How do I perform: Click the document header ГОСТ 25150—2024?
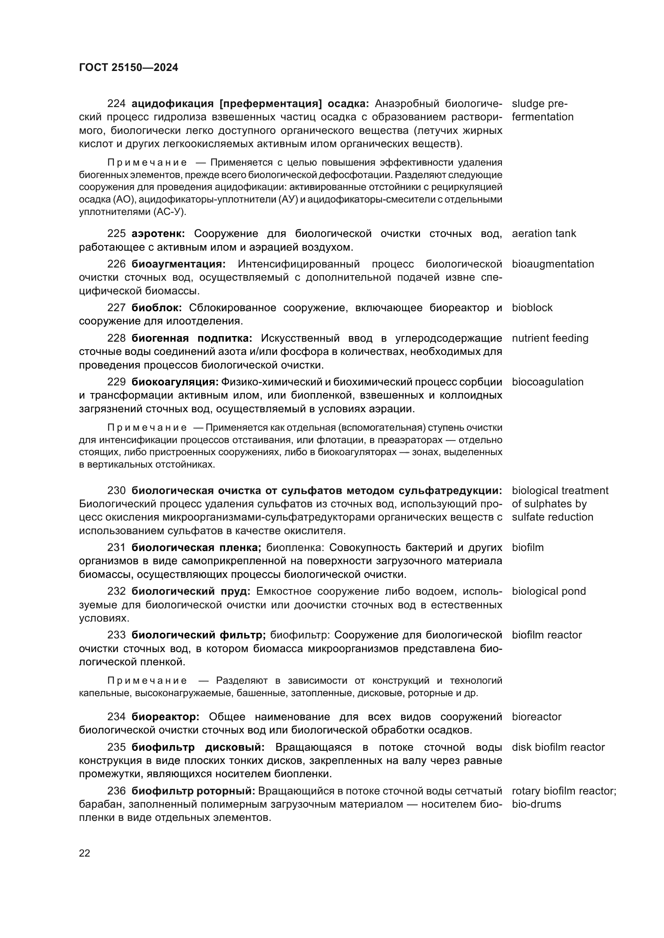point(128,67)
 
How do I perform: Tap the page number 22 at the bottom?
point(85,853)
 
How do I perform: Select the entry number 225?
point(116,234)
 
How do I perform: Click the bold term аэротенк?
point(158,234)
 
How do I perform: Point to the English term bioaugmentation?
point(552,264)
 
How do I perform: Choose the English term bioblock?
point(532,308)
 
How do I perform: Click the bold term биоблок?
point(157,308)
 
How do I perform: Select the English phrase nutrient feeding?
point(550,338)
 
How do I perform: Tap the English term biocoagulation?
point(547,382)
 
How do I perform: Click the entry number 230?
point(116,490)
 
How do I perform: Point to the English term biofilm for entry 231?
point(528,547)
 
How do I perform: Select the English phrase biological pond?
point(548,591)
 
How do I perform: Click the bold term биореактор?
point(165,717)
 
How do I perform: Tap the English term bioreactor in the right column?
point(536,717)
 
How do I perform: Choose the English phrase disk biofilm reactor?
point(558,747)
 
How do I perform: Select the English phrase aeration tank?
point(544,234)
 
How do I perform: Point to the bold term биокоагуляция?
point(175,382)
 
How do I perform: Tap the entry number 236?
point(116,791)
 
